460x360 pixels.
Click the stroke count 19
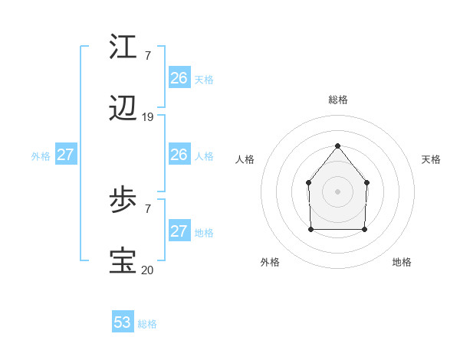tap(148, 117)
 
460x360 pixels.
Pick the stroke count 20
tap(148, 269)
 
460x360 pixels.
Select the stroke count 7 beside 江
tap(148, 55)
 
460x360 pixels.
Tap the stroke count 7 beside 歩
tap(148, 208)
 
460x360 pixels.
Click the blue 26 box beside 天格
tap(179, 78)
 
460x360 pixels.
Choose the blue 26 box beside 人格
tap(179, 155)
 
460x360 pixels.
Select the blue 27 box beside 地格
tap(179, 231)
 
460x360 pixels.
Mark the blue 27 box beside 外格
tap(66, 155)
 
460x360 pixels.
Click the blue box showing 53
tap(123, 322)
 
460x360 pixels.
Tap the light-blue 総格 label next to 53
tap(147, 324)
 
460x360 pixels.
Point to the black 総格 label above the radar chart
tap(337, 100)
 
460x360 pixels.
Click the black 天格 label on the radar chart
tap(431, 159)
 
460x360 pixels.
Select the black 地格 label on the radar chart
tap(402, 262)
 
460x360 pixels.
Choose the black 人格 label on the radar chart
tap(245, 159)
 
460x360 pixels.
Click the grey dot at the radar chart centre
tap(337, 191)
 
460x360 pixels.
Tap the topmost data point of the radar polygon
tap(337, 145)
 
